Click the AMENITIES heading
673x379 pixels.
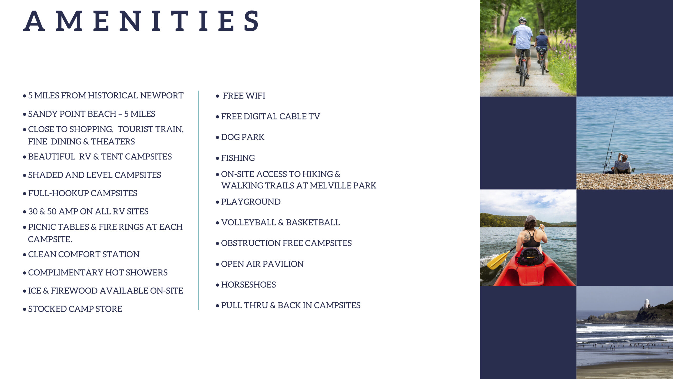coord(141,21)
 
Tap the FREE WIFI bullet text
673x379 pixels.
coord(244,96)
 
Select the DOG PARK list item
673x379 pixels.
coord(243,137)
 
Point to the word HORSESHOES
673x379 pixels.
coord(248,285)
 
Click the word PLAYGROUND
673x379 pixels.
coord(251,202)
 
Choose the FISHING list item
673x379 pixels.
coord(238,158)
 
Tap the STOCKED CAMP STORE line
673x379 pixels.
coord(75,309)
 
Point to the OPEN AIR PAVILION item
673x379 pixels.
coord(262,264)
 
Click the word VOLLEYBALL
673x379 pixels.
coord(249,222)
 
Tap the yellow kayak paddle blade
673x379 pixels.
coord(497,260)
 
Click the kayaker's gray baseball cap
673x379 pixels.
coord(531,218)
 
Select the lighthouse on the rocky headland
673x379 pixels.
coord(647,303)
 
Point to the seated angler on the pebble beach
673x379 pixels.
coord(622,164)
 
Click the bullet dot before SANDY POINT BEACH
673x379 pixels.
coord(24,114)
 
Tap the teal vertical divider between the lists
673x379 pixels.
coord(198,200)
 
